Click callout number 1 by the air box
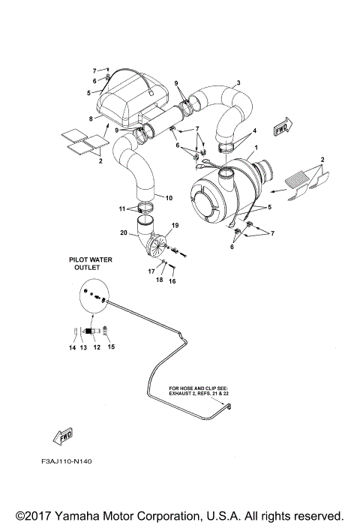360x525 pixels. pyautogui.click(x=256, y=148)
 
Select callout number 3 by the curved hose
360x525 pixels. pyautogui.click(x=238, y=82)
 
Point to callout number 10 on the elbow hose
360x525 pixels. pyautogui.click(x=169, y=198)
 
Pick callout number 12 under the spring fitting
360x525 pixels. pyautogui.click(x=97, y=348)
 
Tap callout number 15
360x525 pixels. pyautogui.click(x=112, y=348)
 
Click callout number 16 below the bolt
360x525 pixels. pyautogui.click(x=172, y=281)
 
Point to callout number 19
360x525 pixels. pyautogui.click(x=175, y=225)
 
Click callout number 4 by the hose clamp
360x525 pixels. pyautogui.click(x=254, y=130)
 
